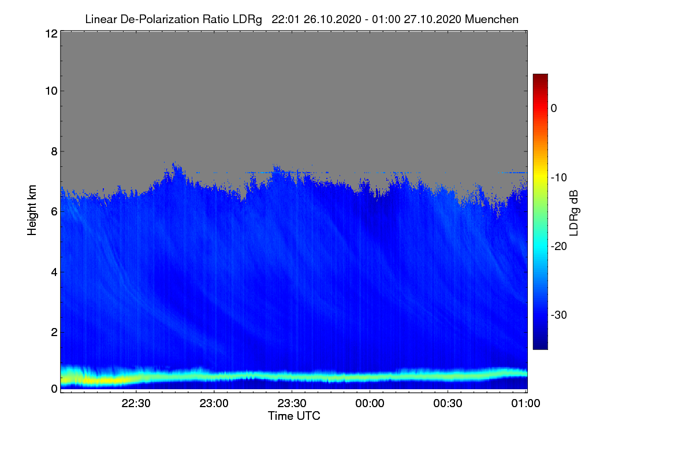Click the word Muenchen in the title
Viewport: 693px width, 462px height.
(x=491, y=20)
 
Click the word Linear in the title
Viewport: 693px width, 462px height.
(x=100, y=20)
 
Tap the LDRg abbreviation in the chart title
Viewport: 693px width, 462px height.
(x=248, y=20)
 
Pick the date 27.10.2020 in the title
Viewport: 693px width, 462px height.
(x=432, y=20)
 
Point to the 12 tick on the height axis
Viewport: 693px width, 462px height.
(x=50, y=34)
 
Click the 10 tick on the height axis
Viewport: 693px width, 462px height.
(x=50, y=91)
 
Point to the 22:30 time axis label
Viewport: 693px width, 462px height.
(x=136, y=404)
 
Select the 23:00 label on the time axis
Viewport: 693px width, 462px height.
(x=214, y=404)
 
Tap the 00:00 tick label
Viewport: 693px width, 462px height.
(x=370, y=404)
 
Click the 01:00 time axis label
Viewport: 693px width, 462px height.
(x=525, y=404)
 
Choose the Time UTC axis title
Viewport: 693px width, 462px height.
(x=294, y=416)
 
